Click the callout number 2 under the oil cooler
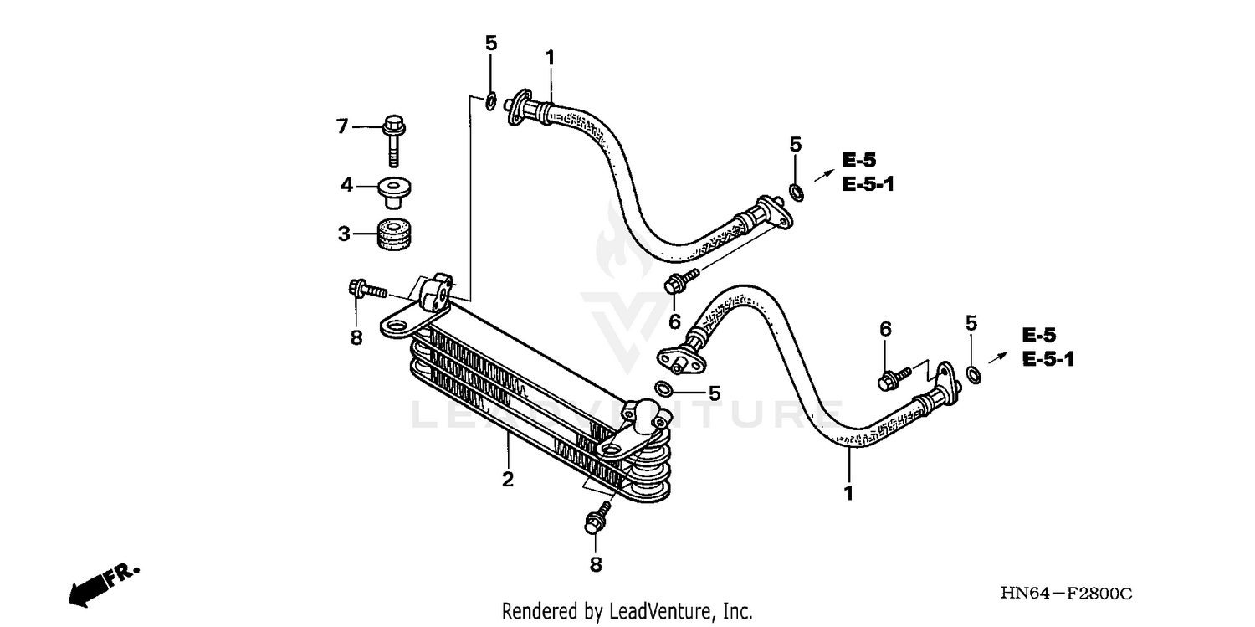click(507, 480)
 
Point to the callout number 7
click(341, 126)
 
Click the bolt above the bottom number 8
click(597, 517)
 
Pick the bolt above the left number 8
click(365, 290)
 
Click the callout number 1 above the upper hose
click(550, 57)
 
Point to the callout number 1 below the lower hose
click(848, 494)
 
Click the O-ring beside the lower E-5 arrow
click(973, 373)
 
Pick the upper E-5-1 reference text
click(868, 184)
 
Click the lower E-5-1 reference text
click(1048, 359)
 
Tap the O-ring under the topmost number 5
click(491, 102)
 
